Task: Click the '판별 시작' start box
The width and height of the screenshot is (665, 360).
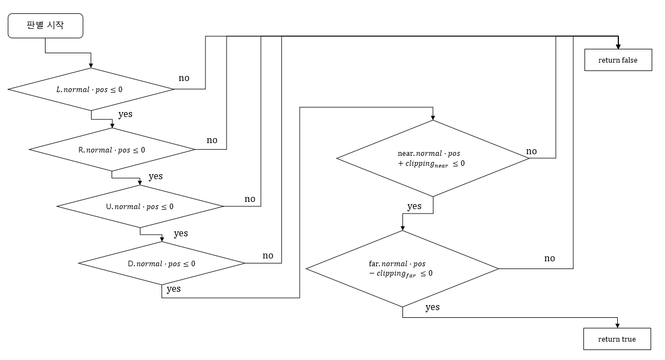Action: pos(46,26)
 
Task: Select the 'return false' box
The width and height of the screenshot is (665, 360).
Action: pos(618,60)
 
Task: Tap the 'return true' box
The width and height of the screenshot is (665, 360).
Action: pos(617,339)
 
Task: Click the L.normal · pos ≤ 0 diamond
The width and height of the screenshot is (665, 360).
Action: pos(90,89)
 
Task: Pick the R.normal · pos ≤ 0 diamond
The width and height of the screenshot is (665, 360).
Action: pos(112,150)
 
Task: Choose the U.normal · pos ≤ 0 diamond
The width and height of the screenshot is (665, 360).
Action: pos(140,206)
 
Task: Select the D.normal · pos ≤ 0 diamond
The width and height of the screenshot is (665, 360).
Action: pos(162,263)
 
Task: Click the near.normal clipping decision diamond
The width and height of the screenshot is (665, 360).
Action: pos(433,158)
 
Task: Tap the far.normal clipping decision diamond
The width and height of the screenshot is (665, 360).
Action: pos(402,268)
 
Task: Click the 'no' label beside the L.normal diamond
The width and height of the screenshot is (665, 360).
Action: pos(184,78)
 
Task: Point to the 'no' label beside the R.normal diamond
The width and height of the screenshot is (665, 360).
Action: pos(212,140)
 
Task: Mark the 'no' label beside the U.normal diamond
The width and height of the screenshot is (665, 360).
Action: pos(250,199)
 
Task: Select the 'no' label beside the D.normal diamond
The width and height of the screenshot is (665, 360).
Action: pos(268,256)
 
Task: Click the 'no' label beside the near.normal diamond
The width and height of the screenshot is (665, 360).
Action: pos(531,151)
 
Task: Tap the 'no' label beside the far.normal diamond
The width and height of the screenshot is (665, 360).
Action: pos(550,258)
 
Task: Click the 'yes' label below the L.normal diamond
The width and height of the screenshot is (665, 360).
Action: pos(125,114)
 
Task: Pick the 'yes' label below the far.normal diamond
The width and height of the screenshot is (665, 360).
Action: pos(432,307)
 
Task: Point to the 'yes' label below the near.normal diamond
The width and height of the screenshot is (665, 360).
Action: pos(414,206)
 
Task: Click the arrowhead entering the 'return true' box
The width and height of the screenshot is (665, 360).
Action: pos(617,324)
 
